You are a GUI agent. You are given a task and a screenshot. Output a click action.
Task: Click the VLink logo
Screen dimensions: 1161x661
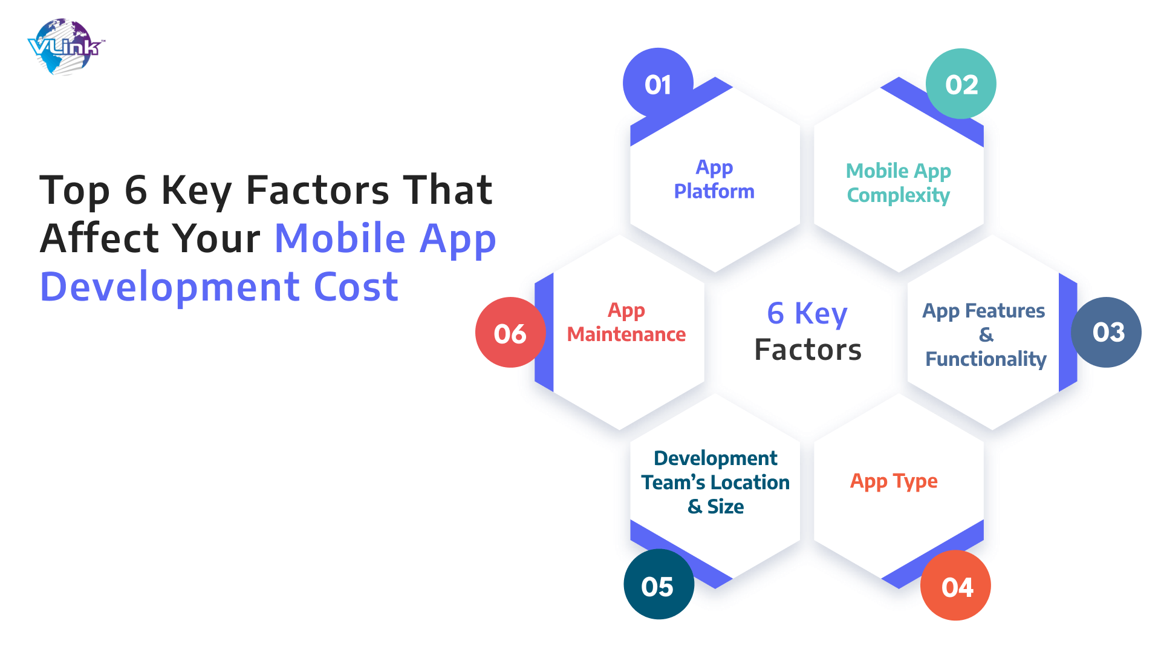click(x=66, y=47)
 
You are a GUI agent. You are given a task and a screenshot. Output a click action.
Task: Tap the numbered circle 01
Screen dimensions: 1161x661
click(x=658, y=83)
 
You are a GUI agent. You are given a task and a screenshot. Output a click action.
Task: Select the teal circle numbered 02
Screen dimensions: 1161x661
click(x=961, y=83)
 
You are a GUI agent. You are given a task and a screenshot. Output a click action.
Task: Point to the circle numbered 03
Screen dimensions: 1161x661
click(x=1106, y=332)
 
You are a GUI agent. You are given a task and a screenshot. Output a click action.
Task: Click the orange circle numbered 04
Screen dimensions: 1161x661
click(x=955, y=585)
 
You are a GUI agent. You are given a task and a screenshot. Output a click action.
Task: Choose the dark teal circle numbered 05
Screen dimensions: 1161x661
click(x=659, y=584)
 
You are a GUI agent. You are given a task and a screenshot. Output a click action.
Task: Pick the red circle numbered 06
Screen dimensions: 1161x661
click(x=510, y=332)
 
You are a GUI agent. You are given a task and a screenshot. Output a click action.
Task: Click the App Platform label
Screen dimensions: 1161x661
click(x=714, y=179)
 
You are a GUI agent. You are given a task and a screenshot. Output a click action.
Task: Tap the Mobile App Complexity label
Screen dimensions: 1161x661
click(x=899, y=183)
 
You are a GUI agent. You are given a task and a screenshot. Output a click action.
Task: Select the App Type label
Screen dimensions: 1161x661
click(x=894, y=481)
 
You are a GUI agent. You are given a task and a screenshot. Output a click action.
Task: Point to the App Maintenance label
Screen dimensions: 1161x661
click(x=626, y=322)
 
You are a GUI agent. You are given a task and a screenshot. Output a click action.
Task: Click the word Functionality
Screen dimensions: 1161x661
click(x=986, y=359)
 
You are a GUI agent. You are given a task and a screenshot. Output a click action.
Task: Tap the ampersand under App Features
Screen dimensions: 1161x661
click(x=986, y=334)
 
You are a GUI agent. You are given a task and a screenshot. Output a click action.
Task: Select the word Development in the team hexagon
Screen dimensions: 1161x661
click(x=716, y=458)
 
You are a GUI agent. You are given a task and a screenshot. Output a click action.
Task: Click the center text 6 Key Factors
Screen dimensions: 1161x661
click(x=808, y=331)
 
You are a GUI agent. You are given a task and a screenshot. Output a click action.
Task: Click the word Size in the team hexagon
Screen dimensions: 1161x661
click(x=726, y=506)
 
